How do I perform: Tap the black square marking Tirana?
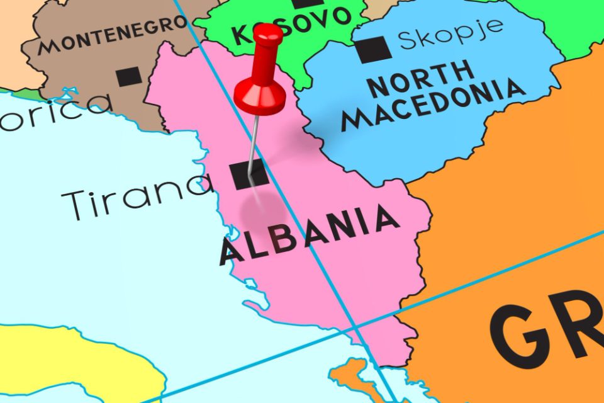pyautogui.click(x=248, y=174)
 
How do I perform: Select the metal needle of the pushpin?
pyautogui.click(x=253, y=142)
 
